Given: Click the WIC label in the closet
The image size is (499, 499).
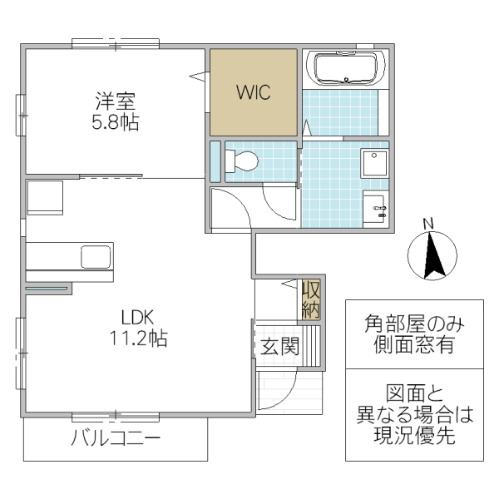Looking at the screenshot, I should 253,92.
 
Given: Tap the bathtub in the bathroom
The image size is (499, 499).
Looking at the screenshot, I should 347,67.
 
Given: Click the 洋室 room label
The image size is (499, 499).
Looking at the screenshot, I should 115,102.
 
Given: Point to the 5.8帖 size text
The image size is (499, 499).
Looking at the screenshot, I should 115,122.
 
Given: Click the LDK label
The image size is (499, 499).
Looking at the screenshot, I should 137,317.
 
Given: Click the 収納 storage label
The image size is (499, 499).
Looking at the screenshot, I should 311,300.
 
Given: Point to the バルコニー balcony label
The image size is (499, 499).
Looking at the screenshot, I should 115,438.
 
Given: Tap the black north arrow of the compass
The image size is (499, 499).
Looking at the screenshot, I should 433,257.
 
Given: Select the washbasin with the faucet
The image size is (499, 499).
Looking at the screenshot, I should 375,205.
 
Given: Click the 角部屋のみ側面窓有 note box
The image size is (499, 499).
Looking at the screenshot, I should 413,333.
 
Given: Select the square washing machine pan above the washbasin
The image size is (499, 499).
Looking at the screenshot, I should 375,162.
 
